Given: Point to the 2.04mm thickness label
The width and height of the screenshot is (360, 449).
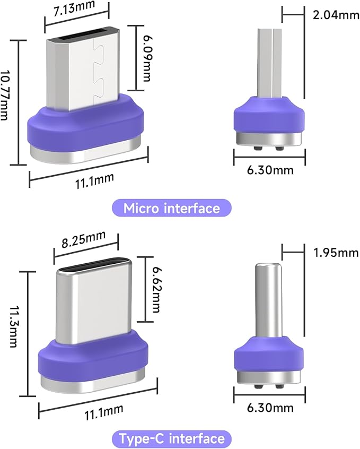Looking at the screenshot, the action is tap(336, 14).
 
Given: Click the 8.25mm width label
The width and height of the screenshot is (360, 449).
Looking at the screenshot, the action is tap(84, 239).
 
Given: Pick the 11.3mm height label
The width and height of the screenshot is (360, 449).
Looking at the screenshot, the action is tap(14, 326).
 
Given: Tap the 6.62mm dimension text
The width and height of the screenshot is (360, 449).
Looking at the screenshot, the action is tap(156, 289).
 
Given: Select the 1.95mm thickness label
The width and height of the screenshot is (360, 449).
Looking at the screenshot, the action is tap(336, 253).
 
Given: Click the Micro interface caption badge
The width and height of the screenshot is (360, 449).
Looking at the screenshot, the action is tap(171, 208).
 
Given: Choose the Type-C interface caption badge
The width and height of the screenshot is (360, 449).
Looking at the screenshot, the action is tap(171, 439).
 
